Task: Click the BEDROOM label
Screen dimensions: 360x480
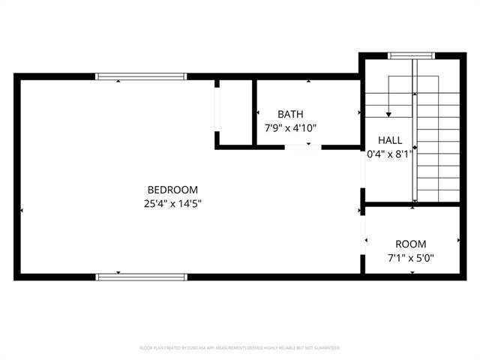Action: [172, 190]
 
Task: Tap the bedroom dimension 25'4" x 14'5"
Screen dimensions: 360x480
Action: [172, 203]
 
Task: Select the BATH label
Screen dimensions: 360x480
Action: [290, 115]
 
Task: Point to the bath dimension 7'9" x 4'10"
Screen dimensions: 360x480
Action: [290, 128]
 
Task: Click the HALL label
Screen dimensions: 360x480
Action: [389, 140]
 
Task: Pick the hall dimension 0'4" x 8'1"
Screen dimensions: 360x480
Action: [389, 154]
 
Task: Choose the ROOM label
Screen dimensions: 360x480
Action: [410, 244]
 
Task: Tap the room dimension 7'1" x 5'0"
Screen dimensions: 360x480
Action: [410, 258]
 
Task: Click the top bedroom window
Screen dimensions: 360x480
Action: [141, 76]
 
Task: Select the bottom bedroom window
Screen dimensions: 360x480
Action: [141, 277]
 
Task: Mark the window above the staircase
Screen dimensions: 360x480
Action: [411, 55]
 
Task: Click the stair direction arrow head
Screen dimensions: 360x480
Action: [388, 114]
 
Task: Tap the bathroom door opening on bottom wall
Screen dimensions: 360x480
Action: [303, 147]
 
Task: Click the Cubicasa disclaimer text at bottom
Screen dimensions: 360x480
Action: [240, 348]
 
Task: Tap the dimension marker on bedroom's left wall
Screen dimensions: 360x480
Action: [23, 211]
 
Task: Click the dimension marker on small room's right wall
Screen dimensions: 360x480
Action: [458, 240]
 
